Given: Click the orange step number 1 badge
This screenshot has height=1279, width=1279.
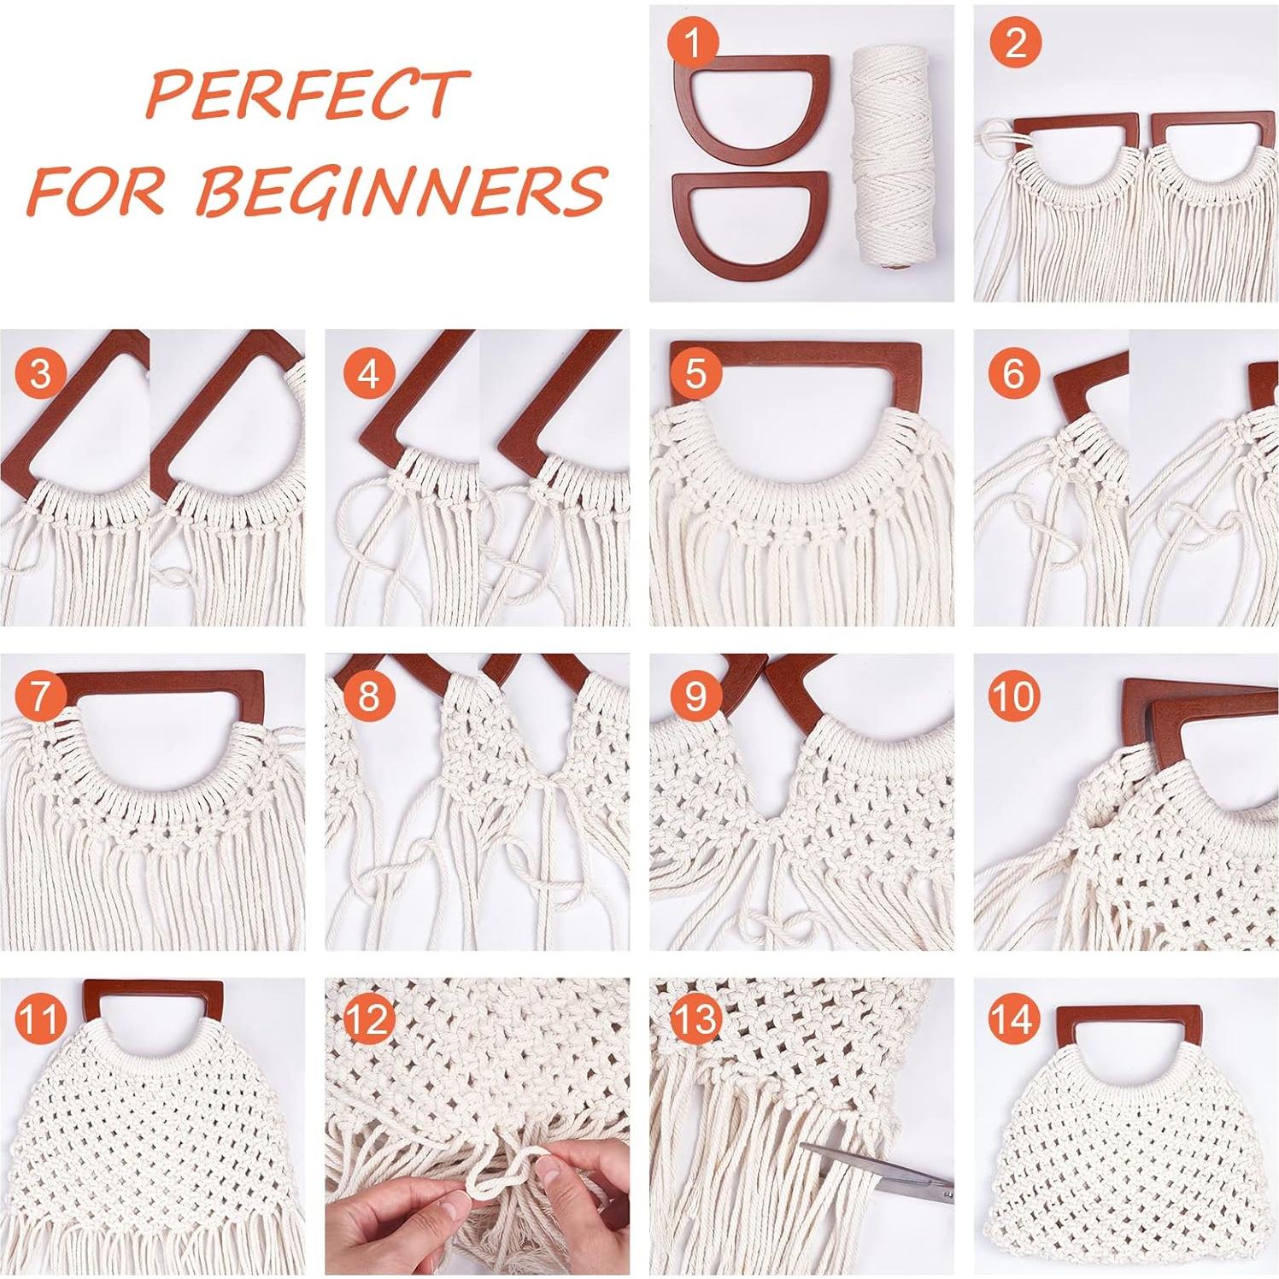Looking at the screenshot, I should pos(694,43).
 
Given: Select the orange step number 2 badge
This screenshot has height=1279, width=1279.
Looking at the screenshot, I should pos(1017,43).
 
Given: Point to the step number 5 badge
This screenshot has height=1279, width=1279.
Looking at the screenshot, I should pos(695,373).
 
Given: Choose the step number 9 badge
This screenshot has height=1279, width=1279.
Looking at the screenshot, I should pos(695,696).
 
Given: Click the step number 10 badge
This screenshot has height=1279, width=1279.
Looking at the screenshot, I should pos(1015,696).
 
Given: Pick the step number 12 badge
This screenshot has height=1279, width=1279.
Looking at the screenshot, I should pos(368,1018).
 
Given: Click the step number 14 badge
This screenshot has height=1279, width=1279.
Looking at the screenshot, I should pos(1015,1018).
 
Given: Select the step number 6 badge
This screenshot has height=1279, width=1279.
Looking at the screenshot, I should pos(1015,373).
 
